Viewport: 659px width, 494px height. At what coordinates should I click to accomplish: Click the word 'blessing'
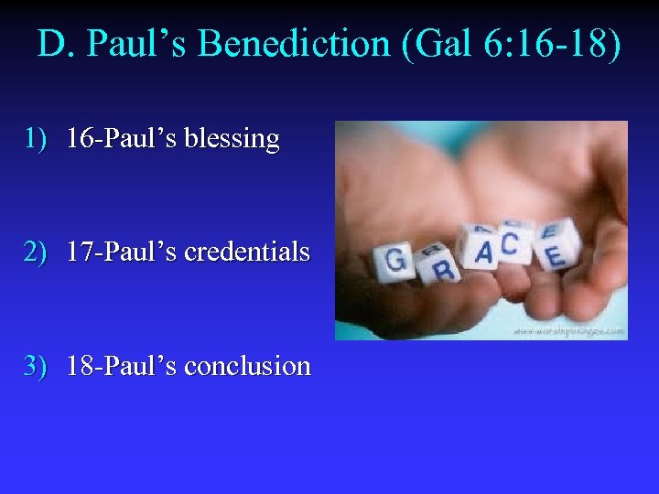[232, 139]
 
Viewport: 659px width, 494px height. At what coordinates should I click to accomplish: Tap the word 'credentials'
[247, 252]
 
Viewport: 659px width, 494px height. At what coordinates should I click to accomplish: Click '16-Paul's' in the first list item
[123, 139]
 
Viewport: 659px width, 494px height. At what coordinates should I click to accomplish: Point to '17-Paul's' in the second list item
[123, 252]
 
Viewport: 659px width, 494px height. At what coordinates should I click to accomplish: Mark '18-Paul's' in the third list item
[123, 366]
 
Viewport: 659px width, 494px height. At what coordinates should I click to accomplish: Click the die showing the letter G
[396, 261]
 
